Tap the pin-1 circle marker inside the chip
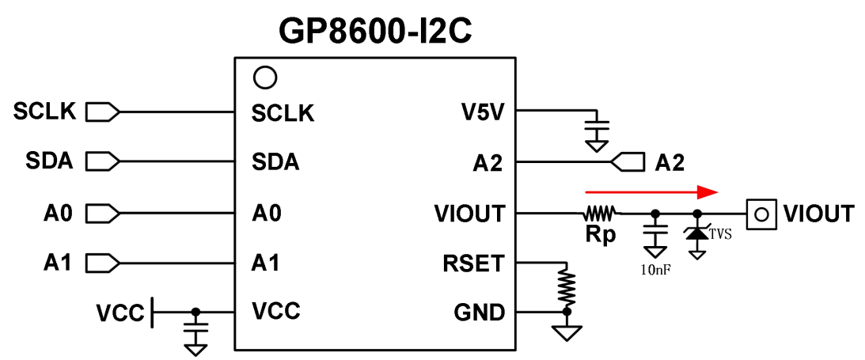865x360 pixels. click(264, 78)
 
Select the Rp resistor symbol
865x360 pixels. click(600, 213)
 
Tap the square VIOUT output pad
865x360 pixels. click(762, 213)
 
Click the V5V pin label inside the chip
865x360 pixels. click(482, 113)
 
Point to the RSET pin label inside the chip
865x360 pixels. click(474, 263)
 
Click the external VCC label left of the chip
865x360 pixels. click(120, 313)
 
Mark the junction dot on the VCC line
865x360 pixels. click(195, 312)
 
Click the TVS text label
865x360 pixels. click(722, 234)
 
